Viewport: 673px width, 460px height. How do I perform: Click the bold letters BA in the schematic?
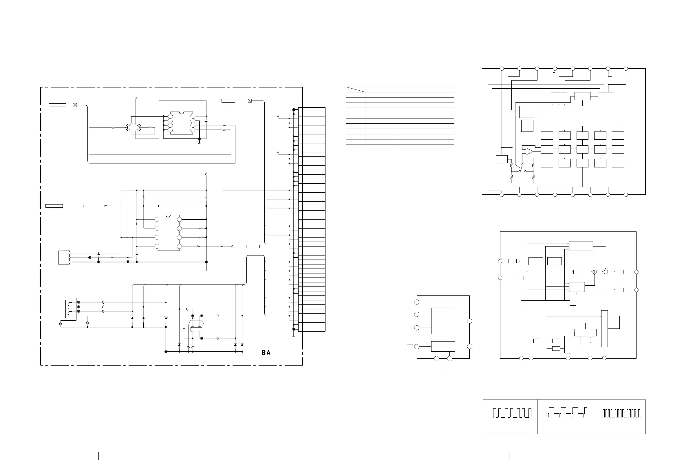[266, 353]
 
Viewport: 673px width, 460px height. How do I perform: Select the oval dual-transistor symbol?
[133, 127]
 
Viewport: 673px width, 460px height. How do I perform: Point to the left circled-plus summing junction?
[595, 272]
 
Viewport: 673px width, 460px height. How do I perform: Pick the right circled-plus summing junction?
[606, 272]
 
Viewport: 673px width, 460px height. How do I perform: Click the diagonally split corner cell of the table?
[355, 90]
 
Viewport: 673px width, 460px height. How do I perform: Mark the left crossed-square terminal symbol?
[75, 105]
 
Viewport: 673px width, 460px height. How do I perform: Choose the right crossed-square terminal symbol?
[250, 101]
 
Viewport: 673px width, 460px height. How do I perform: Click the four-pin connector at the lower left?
[70, 309]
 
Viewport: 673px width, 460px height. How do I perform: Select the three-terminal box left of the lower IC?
[64, 258]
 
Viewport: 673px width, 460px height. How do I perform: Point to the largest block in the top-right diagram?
[582, 116]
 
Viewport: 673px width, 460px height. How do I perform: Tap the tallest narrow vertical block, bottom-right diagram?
[604, 328]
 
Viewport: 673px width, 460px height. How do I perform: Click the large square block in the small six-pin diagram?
[443, 321]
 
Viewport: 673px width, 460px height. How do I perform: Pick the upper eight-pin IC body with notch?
[182, 123]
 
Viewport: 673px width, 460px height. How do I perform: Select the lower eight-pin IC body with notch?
[168, 233]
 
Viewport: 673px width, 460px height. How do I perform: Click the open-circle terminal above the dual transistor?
[136, 98]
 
